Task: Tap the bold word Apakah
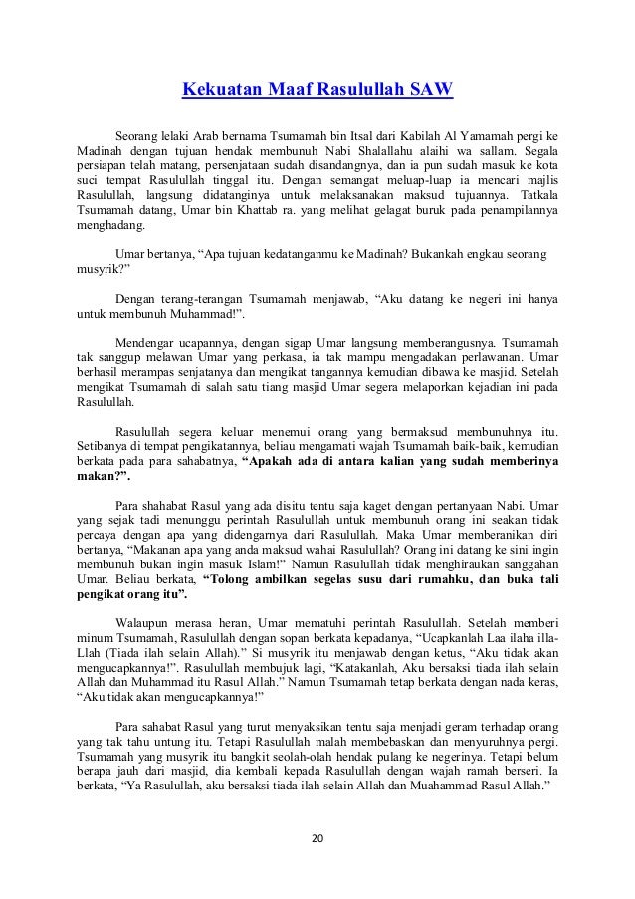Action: pos(269,461)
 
